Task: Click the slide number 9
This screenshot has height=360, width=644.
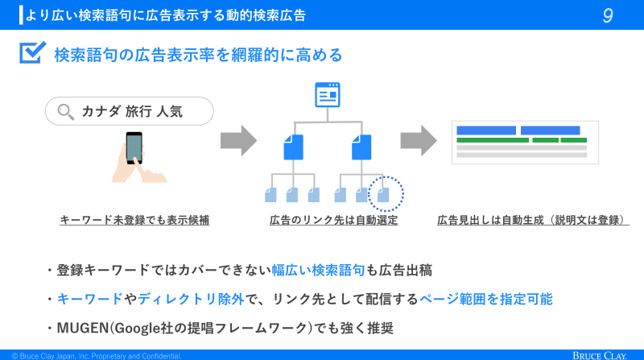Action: (x=608, y=15)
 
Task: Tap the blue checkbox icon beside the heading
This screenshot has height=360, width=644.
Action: (x=32, y=52)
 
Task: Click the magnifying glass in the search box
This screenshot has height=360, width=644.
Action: (x=65, y=111)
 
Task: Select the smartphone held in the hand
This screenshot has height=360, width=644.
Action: (x=134, y=147)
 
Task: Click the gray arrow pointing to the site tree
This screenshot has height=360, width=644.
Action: (x=238, y=141)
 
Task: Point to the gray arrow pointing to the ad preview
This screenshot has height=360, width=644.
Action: (x=419, y=141)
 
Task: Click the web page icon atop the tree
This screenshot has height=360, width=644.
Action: (x=328, y=94)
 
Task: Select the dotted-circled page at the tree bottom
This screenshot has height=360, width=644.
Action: (x=383, y=195)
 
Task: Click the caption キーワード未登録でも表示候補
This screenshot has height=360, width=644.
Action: (x=134, y=221)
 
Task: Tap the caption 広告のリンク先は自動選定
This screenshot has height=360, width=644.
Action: (x=333, y=221)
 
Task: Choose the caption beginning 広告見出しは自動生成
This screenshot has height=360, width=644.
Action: (x=533, y=221)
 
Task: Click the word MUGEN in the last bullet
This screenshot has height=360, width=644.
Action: (x=83, y=328)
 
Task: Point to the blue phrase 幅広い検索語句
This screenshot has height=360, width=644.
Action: (x=318, y=271)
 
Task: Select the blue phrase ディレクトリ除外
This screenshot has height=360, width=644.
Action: (x=191, y=299)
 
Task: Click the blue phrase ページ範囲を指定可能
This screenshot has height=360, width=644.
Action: (x=486, y=299)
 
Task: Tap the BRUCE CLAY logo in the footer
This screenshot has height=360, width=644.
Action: (x=600, y=355)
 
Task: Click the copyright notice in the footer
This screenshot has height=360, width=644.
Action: (x=97, y=356)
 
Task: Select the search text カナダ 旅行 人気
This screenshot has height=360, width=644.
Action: (x=132, y=111)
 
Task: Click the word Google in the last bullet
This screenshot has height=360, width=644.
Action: (x=137, y=328)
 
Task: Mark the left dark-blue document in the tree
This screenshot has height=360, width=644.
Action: (x=293, y=147)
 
